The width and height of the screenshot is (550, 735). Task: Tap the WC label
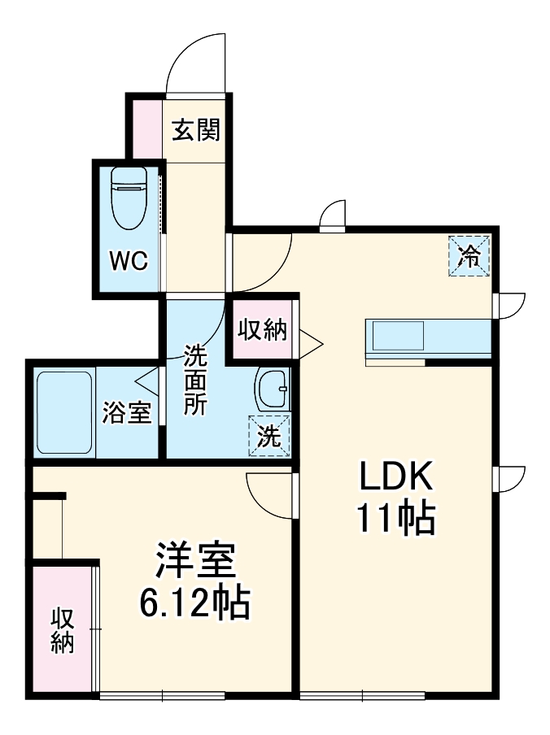129,261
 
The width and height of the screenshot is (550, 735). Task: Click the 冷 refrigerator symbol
469,256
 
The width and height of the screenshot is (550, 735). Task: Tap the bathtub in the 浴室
64,412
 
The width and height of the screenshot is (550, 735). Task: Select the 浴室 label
127,413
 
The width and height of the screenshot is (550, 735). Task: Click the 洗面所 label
194,381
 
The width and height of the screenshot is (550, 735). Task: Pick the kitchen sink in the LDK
397,336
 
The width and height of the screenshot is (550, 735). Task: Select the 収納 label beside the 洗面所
262,330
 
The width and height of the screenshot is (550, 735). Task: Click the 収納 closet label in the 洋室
63,630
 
